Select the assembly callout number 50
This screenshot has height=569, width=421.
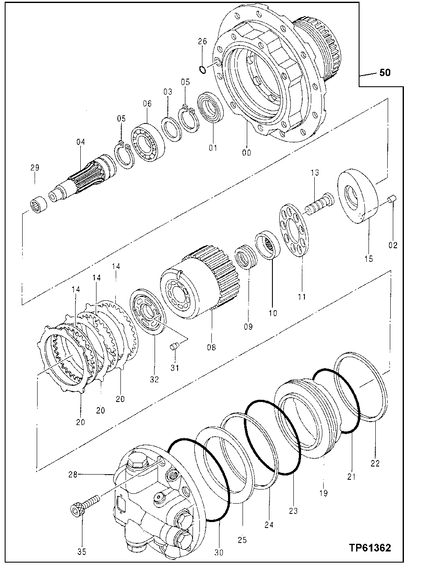coord(385,73)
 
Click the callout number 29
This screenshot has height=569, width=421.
coord(34,168)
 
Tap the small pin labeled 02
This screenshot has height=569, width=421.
coord(392,199)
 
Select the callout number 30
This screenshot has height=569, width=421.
coord(219,553)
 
